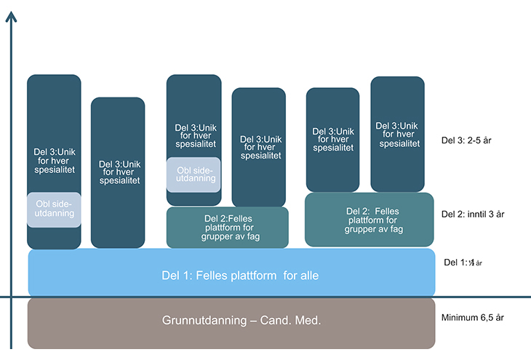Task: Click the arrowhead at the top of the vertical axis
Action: (x=11, y=16)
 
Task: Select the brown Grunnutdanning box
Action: (x=231, y=322)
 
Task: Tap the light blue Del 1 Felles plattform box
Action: (x=231, y=273)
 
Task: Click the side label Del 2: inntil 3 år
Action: (x=473, y=214)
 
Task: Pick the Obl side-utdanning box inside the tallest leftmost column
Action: (x=54, y=209)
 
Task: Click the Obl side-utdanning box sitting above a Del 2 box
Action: (x=193, y=175)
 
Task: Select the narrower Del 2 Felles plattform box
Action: (x=227, y=227)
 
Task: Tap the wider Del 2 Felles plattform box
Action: (x=369, y=218)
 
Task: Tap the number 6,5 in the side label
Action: (x=488, y=318)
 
